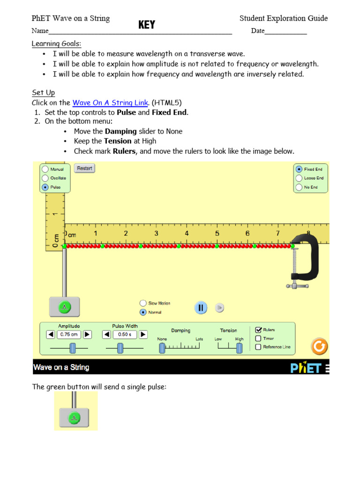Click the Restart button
click(84, 168)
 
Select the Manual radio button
click(45, 169)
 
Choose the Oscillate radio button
click(45, 178)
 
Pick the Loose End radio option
click(299, 178)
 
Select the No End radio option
click(299, 187)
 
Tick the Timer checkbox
click(258, 338)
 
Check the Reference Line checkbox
click(258, 347)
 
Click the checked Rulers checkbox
click(258, 330)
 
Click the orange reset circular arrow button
click(319, 346)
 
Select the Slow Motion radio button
click(143, 303)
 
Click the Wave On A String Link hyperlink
click(110, 103)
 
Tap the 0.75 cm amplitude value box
click(68, 335)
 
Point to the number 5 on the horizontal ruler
click(217, 233)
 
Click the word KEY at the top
click(146, 25)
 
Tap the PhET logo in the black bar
click(306, 368)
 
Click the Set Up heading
click(43, 93)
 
